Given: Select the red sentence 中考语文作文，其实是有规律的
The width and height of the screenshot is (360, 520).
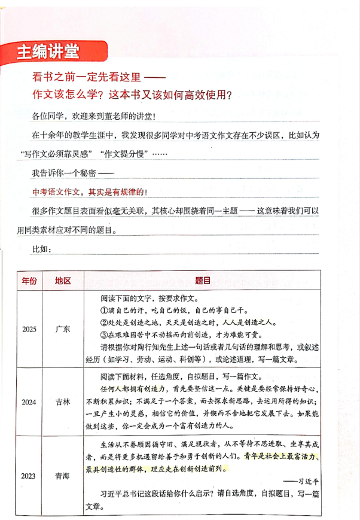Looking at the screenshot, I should (89, 193).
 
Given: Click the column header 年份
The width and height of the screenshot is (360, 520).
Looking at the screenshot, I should (30, 281).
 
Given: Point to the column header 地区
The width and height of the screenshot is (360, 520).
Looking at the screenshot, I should (63, 281).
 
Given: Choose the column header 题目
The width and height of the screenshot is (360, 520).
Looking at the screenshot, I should (202, 281).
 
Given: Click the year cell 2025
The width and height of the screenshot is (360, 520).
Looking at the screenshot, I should (29, 329).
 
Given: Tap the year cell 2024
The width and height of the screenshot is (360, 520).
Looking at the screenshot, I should (29, 402).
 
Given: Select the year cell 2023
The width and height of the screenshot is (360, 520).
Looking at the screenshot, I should (29, 476).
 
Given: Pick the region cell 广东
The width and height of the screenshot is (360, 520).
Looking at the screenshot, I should (63, 329).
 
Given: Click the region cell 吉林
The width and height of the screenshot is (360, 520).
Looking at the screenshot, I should (63, 402).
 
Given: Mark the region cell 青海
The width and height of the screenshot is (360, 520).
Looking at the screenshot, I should (63, 476).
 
